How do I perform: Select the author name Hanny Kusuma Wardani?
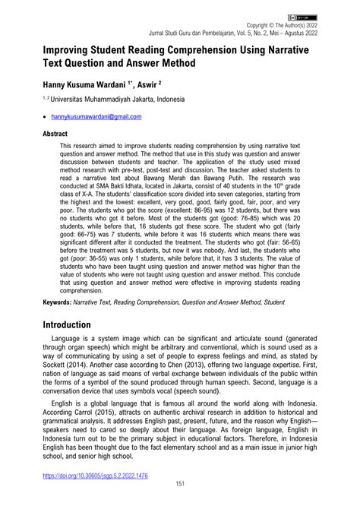pos(88,88)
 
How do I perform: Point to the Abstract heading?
pos(45,133)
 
